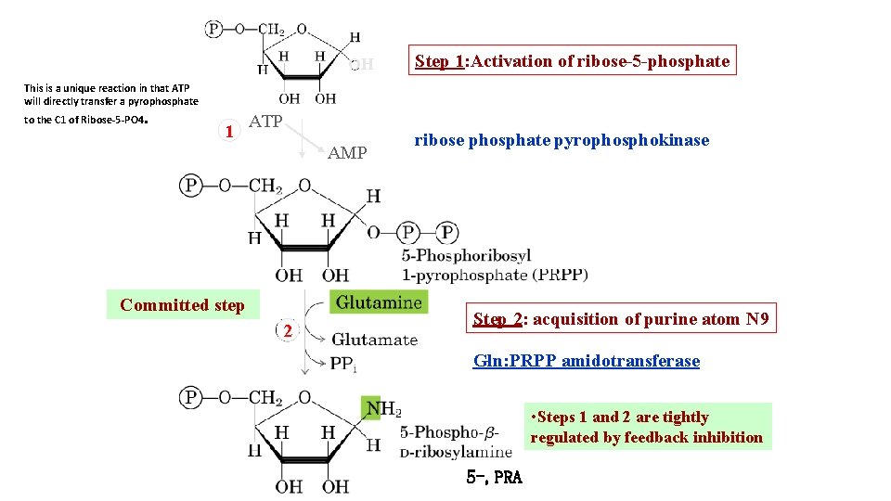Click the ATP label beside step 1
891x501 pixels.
tap(266, 122)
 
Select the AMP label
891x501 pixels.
tap(347, 153)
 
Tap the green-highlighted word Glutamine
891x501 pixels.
tap(379, 302)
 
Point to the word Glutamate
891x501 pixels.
tap(374, 340)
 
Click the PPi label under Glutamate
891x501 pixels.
tap(342, 364)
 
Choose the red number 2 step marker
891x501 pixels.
tap(289, 331)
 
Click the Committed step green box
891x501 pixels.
tap(183, 305)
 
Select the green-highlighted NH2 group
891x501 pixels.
tap(381, 408)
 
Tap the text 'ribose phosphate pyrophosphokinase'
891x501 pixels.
tap(562, 140)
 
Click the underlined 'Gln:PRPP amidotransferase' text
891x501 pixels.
tap(587, 361)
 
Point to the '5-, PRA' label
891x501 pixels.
tap(495, 478)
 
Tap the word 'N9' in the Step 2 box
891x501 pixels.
tap(756, 319)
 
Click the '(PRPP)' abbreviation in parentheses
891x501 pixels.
tap(560, 275)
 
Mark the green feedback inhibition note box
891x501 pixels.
tap(647, 427)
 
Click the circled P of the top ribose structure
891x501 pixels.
tap(214, 29)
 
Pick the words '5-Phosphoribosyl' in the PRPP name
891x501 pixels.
tap(466, 255)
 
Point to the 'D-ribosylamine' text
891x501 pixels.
tap(456, 452)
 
